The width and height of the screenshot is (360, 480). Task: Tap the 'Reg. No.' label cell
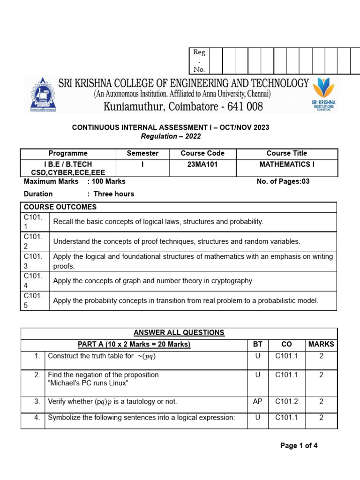tap(199, 61)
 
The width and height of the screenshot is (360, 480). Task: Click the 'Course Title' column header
tap(287, 153)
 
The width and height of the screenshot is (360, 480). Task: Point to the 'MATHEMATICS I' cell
tap(287, 165)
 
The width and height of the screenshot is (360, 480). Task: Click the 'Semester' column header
tap(142, 153)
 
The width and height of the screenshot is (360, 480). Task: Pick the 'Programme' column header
tap(68, 153)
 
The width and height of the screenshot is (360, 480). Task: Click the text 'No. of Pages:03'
tap(283, 181)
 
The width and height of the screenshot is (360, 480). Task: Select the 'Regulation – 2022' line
tap(171, 136)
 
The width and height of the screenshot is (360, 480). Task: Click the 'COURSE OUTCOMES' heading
tap(60, 207)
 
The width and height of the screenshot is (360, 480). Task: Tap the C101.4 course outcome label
tap(33, 281)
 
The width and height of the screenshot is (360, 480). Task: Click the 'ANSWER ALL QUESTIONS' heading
tap(179, 333)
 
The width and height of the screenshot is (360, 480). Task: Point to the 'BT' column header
tap(258, 344)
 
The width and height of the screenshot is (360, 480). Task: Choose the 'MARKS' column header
tap(321, 344)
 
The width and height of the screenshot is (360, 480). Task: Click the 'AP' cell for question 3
tap(258, 402)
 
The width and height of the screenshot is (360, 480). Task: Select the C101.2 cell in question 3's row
tap(286, 402)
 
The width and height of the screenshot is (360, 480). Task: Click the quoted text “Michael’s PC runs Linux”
tap(88, 383)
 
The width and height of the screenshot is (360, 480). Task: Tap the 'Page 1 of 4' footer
tap(299, 446)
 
